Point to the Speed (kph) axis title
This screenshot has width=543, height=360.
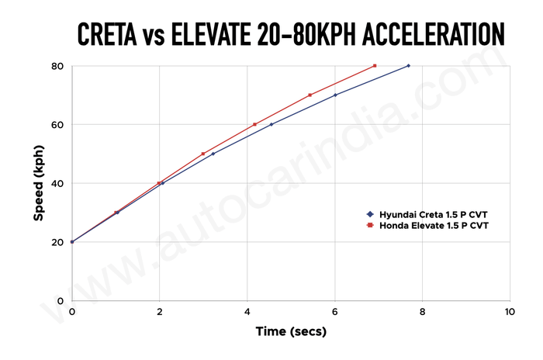click(x=37, y=183)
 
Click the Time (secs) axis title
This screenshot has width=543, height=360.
click(x=291, y=331)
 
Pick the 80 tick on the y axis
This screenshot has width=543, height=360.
click(x=57, y=66)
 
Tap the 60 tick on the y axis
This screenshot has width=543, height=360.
click(x=57, y=125)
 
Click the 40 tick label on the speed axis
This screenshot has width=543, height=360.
click(x=57, y=184)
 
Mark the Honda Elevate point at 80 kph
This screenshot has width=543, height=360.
click(x=375, y=66)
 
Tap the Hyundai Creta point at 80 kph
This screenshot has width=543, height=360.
click(x=408, y=66)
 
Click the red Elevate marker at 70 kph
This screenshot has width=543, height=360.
click(x=310, y=95)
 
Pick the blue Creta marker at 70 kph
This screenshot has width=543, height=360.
click(x=335, y=95)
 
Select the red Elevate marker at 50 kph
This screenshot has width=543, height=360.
click(x=203, y=154)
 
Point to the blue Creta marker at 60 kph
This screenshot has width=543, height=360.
click(x=271, y=124)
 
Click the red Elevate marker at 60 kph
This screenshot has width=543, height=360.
click(x=254, y=124)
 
